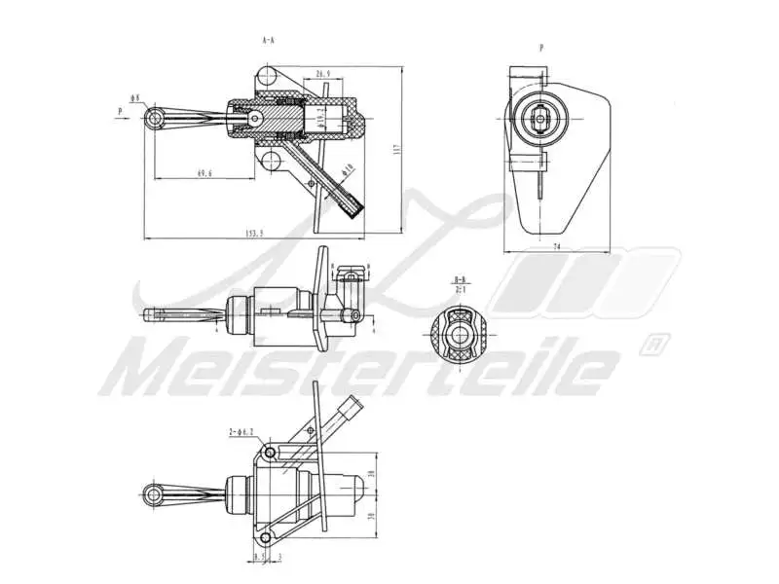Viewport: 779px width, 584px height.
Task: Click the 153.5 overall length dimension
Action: tap(255, 233)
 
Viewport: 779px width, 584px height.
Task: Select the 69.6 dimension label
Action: tap(204, 173)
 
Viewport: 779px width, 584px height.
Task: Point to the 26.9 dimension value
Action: tap(323, 73)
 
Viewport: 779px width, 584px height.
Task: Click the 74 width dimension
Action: tap(556, 247)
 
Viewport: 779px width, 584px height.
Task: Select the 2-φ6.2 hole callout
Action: tap(241, 430)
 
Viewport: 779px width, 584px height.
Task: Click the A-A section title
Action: tap(270, 41)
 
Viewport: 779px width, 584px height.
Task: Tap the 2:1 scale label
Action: tap(461, 289)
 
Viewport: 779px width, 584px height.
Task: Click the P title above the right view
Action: tap(540, 47)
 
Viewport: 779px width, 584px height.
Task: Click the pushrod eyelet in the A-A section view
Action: tap(155, 118)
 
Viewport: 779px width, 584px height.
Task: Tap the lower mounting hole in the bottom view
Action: tap(265, 534)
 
